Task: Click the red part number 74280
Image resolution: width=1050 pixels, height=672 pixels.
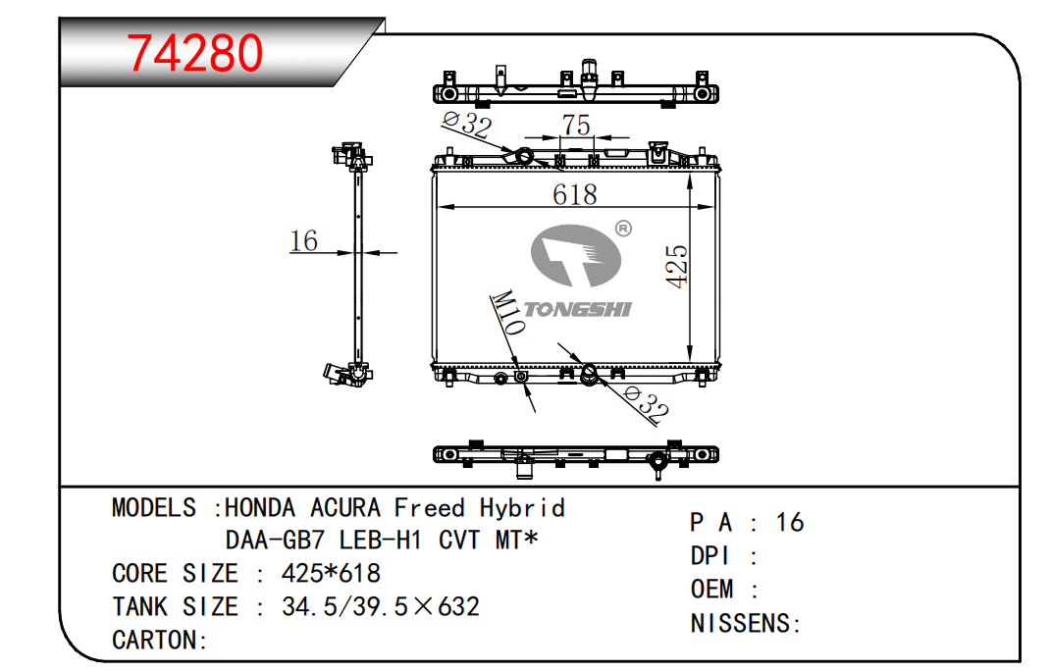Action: (195, 53)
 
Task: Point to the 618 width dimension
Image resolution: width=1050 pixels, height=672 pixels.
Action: (574, 195)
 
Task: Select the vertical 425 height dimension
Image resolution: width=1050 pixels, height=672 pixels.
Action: (677, 267)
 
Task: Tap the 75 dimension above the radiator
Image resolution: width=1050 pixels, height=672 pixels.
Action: (576, 125)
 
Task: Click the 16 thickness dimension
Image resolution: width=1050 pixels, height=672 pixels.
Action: (303, 241)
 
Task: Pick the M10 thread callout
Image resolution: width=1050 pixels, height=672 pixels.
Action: (507, 312)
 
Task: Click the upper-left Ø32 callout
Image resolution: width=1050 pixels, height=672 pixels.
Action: (467, 124)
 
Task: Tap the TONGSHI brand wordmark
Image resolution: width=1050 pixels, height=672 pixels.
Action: (577, 309)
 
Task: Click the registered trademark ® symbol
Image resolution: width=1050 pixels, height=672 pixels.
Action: (623, 229)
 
